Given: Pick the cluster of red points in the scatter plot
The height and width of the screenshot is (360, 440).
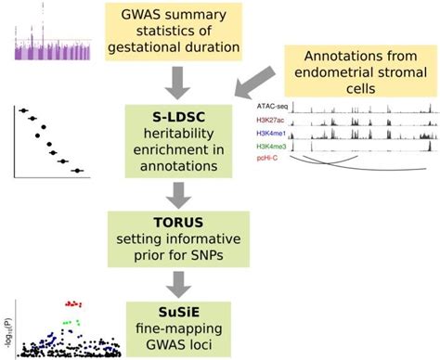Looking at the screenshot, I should point(75,302).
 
